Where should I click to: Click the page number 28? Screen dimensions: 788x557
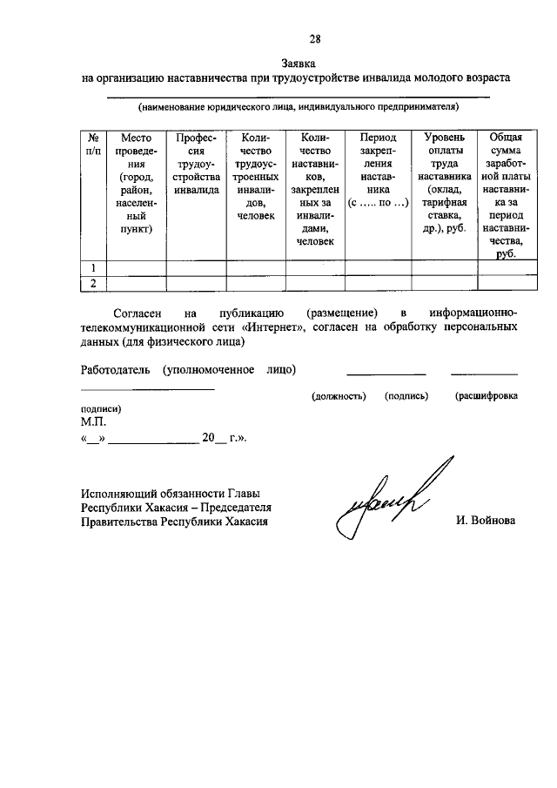click(x=315, y=38)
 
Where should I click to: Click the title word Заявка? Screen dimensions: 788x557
click(x=298, y=64)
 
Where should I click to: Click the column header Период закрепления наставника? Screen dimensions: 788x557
click(x=377, y=171)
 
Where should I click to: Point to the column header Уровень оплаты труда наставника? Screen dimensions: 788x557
click(x=443, y=184)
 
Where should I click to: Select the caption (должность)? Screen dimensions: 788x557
click(x=337, y=396)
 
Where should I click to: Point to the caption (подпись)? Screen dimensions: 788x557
click(x=407, y=396)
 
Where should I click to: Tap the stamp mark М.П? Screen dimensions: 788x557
click(x=93, y=421)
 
